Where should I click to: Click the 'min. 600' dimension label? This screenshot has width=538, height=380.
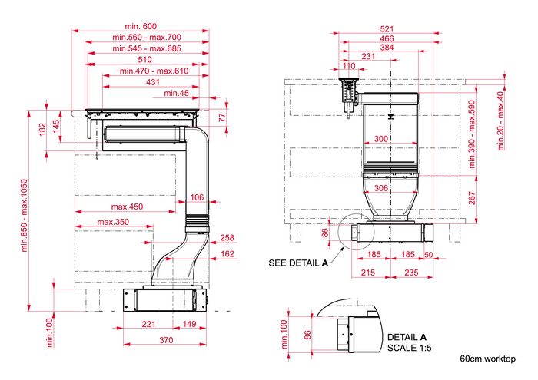click(x=141, y=26)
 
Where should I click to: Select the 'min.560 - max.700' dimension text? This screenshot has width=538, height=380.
click(x=147, y=37)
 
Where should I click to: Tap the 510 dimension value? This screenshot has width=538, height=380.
click(x=144, y=60)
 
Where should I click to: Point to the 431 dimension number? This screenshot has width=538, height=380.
click(x=153, y=82)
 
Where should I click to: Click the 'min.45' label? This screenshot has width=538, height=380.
click(x=176, y=93)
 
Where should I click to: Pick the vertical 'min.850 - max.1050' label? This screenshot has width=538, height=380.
click(x=24, y=216)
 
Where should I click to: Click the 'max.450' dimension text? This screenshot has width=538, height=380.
click(x=127, y=207)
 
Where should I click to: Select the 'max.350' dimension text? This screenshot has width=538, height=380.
click(x=113, y=222)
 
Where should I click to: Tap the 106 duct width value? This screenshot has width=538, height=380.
click(x=197, y=197)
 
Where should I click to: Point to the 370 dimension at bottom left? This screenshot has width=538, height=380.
click(x=166, y=340)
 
